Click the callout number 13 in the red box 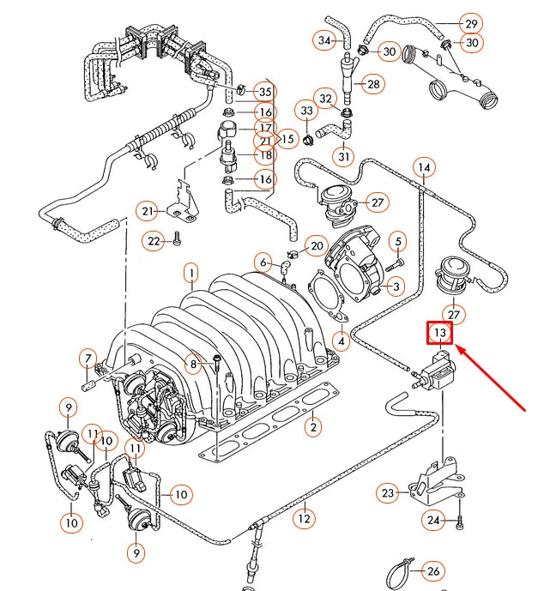(439, 332)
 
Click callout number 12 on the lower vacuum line (303, 518)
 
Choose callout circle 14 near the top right (423, 168)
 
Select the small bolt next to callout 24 (460, 520)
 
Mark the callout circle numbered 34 (325, 40)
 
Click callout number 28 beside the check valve (373, 84)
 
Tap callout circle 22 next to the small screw (154, 242)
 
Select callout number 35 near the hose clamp (264, 92)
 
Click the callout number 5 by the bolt (398, 244)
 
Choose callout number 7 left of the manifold (87, 358)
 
